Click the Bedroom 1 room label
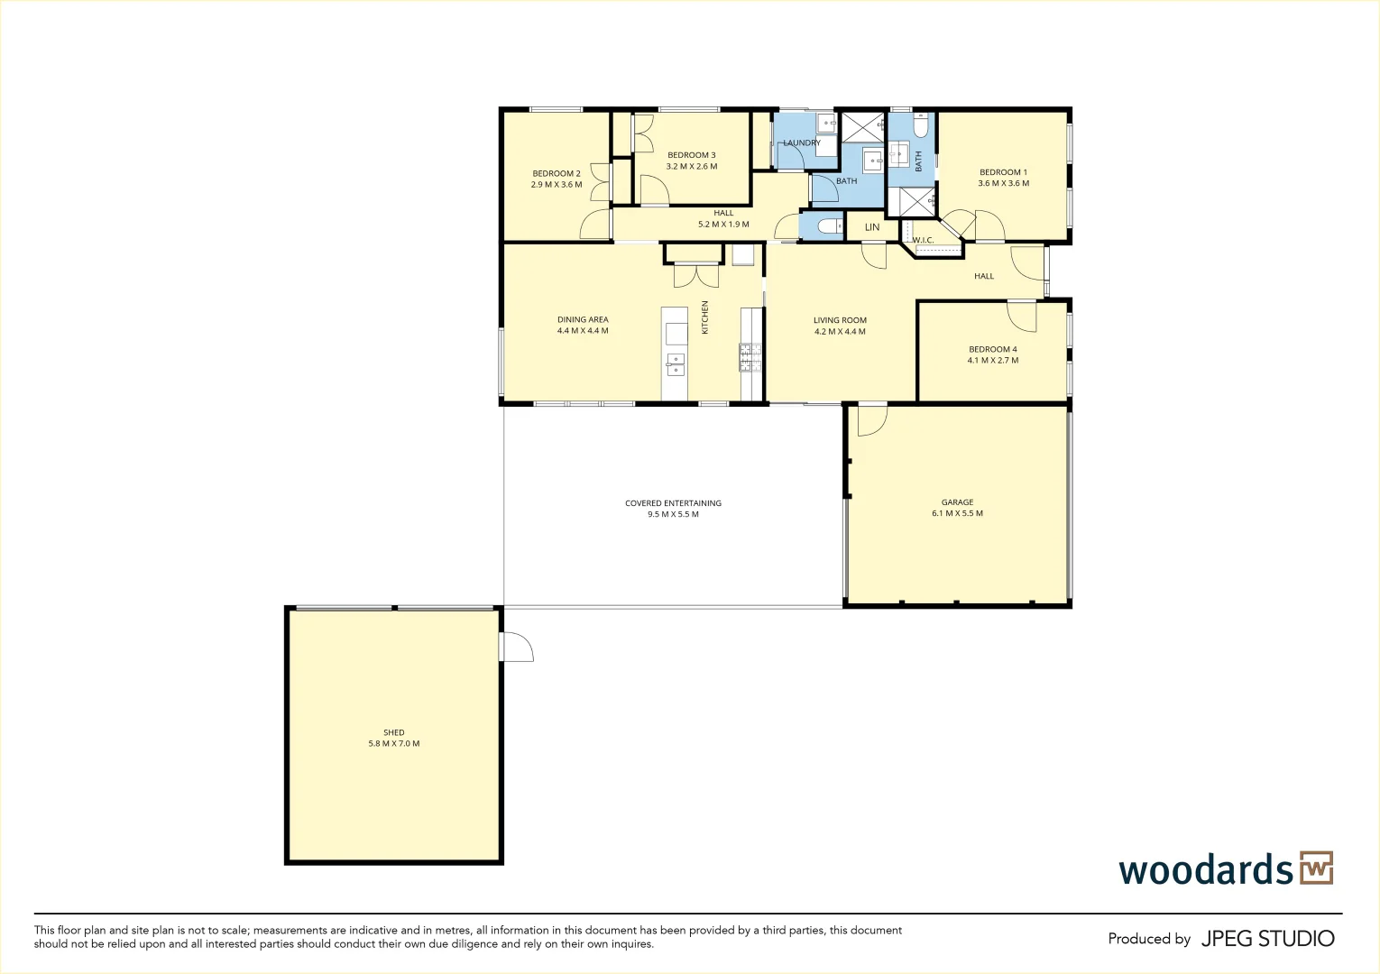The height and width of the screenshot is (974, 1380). [x=1003, y=172]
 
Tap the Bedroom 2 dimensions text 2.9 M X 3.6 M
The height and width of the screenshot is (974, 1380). [x=557, y=184]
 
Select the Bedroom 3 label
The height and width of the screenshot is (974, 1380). [x=691, y=154]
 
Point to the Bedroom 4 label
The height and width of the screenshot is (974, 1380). [x=992, y=349]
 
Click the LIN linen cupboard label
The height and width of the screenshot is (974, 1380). [x=871, y=226]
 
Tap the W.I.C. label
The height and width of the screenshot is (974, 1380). [x=923, y=240]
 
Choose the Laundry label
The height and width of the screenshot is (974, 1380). [x=802, y=142]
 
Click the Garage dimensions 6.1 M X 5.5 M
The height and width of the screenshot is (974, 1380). [x=957, y=513]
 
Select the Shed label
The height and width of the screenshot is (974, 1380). [x=393, y=732]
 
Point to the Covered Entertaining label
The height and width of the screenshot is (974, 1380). [x=673, y=502]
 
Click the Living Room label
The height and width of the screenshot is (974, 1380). [x=840, y=320]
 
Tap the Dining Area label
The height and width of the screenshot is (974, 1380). [x=582, y=319]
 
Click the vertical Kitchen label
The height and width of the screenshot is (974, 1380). [x=704, y=317]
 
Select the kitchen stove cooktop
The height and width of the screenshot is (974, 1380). [x=750, y=357]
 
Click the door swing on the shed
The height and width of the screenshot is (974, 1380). [x=516, y=647]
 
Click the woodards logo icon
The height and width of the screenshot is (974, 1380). [x=1316, y=868]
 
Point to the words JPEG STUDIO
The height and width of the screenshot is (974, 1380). [x=1267, y=939]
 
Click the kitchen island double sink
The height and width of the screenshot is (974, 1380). [x=675, y=364]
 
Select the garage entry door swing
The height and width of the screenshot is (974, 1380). [x=871, y=420]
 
